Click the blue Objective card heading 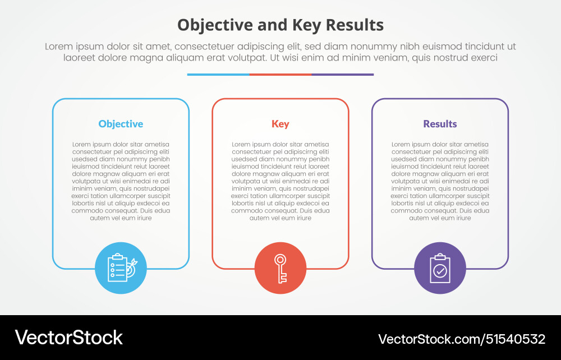(x=121, y=124)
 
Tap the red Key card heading (x=280, y=124)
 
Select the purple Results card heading (x=440, y=124)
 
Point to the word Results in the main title (x=355, y=25)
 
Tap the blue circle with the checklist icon (x=121, y=268)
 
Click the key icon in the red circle (x=280, y=269)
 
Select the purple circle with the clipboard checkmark (x=440, y=268)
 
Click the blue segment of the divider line (x=218, y=75)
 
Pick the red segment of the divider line (x=280, y=75)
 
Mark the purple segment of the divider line (x=343, y=75)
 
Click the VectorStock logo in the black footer (x=68, y=338)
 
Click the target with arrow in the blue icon (x=131, y=268)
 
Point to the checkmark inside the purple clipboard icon (x=440, y=271)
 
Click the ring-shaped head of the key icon (x=280, y=259)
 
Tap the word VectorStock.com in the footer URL (x=429, y=339)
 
